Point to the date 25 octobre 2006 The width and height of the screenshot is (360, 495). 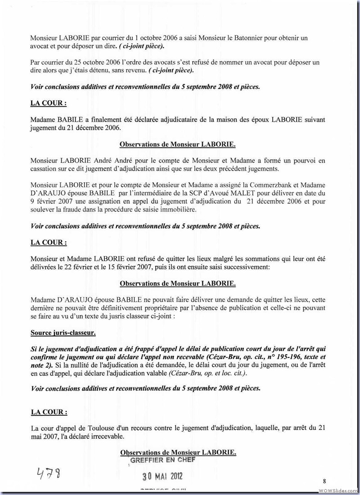[x=86, y=62]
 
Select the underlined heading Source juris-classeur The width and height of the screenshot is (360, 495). [x=63, y=333]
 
